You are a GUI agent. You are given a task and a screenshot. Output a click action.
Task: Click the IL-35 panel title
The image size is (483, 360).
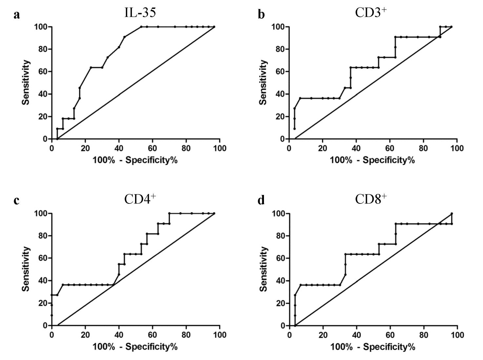point(140,12)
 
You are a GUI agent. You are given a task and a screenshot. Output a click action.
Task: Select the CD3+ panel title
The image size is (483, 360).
point(371,12)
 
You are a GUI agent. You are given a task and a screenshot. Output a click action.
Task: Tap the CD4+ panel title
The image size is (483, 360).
point(140,199)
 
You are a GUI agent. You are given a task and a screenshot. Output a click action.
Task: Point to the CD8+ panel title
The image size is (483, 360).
point(371,199)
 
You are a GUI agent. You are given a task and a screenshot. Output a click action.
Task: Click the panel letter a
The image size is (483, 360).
point(17,15)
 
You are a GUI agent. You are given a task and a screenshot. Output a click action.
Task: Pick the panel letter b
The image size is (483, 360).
point(261,15)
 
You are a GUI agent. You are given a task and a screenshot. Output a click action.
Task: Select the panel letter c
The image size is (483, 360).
point(17,201)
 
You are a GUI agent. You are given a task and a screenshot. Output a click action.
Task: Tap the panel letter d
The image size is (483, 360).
point(261,201)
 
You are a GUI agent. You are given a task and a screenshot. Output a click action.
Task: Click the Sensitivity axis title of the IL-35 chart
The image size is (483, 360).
point(26,82)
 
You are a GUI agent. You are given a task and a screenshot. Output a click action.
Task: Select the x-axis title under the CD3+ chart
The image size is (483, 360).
point(372,160)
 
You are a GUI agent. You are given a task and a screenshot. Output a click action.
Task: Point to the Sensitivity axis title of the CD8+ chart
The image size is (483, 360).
point(263,269)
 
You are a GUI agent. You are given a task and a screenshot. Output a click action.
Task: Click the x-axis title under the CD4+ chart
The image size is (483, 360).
point(135,347)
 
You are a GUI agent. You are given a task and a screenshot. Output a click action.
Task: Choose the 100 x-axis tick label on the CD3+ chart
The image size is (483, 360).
point(457,148)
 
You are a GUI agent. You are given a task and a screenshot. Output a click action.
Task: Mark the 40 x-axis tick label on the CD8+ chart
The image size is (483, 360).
point(356,335)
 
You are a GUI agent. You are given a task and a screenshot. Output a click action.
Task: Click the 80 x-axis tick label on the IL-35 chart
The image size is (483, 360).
point(186,148)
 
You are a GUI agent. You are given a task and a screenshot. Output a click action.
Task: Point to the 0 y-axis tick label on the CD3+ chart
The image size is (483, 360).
point(282,139)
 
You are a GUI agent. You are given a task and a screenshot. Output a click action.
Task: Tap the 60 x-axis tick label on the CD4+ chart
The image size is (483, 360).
point(152,335)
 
